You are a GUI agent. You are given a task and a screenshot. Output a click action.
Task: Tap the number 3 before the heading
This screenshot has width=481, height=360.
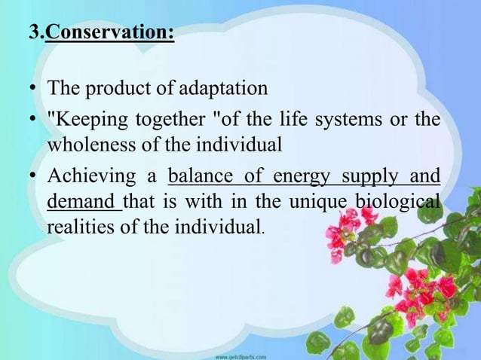point(32,35)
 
